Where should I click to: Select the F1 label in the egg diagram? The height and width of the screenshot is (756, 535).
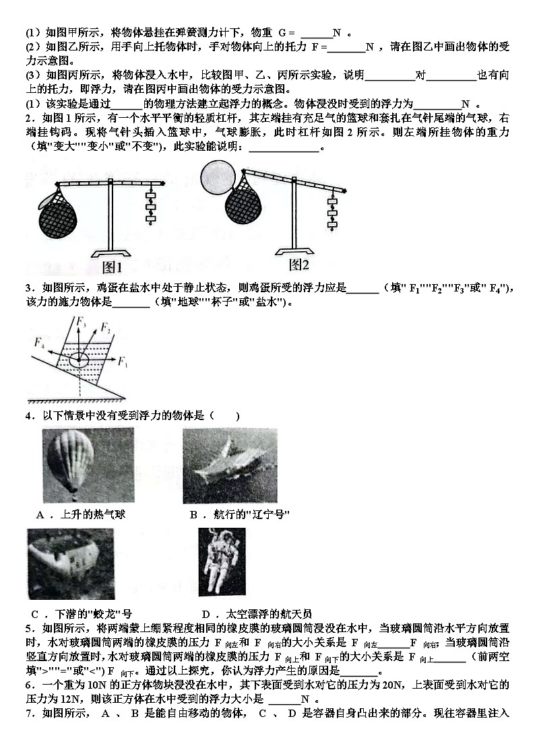[x=123, y=363]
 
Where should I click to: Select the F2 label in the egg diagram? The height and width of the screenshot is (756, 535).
[x=106, y=328]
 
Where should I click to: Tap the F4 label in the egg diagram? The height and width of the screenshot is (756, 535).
[x=40, y=342]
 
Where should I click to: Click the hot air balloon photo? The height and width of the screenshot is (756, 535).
[x=88, y=465]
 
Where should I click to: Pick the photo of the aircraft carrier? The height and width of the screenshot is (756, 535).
[x=230, y=465]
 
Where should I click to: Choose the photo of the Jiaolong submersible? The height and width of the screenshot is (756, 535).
[x=71, y=563]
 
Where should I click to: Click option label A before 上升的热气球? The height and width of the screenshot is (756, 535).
[x=40, y=515]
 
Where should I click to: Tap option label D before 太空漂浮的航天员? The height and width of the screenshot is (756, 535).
[x=207, y=613]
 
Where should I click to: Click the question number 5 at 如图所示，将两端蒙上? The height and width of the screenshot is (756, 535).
[x=29, y=628]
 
